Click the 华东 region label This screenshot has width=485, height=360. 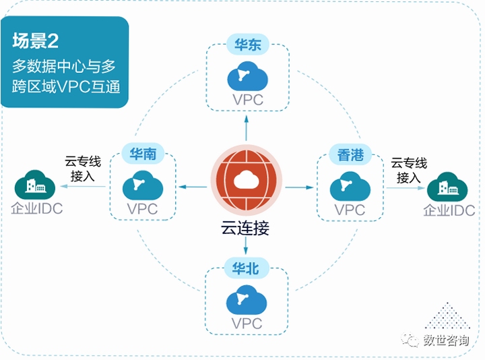(x=247, y=45)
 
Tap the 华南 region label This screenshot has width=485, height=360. (x=143, y=154)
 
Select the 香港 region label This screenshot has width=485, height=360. (x=350, y=155)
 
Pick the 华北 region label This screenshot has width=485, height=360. (x=246, y=268)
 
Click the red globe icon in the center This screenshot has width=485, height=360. (x=247, y=181)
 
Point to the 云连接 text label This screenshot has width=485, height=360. (x=245, y=228)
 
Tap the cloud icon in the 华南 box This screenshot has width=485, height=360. (x=143, y=185)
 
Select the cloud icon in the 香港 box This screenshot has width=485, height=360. (x=350, y=186)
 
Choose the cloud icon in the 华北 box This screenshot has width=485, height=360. (x=247, y=299)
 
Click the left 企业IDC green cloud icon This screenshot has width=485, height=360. (x=35, y=185)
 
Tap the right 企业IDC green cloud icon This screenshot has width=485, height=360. (x=447, y=187)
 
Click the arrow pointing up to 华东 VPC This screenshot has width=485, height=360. (x=247, y=128)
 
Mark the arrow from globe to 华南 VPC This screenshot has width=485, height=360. (x=193, y=187)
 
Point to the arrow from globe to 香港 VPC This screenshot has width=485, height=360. (x=299, y=187)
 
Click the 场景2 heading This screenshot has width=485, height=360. (x=35, y=40)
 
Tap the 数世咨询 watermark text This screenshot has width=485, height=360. (x=446, y=340)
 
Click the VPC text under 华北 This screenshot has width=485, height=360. (x=247, y=324)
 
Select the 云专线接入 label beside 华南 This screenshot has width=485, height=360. (x=83, y=169)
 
